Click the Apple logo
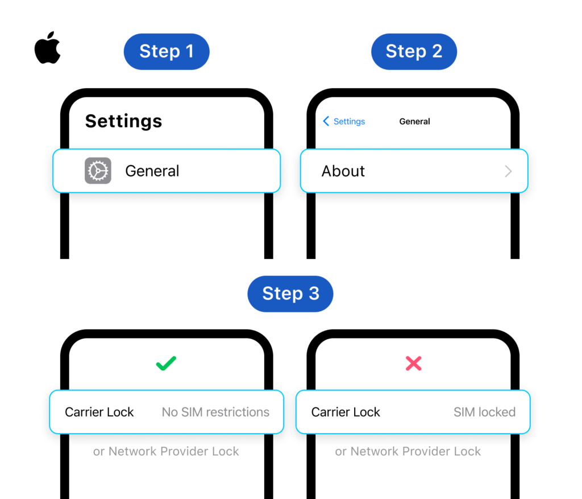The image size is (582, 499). point(47,48)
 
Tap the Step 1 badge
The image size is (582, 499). point(167,52)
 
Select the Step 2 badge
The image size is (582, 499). point(414,52)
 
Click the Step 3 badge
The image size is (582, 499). point(290,294)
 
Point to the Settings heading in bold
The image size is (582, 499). point(123,121)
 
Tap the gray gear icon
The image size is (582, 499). point(98,171)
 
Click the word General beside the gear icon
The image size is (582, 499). point(152,171)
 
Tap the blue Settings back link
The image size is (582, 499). point(349,121)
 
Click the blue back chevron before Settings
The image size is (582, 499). point(326,121)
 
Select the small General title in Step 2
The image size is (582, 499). point(414,121)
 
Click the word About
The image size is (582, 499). point(343,171)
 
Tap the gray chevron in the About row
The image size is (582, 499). point(508,171)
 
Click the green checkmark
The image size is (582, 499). point(166,363)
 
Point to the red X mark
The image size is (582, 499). point(413,363)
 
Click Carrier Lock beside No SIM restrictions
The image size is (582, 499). point(99,412)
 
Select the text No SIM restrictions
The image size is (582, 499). point(215,412)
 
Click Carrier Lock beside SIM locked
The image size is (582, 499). point(346,412)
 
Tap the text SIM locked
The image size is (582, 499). point(484,412)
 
